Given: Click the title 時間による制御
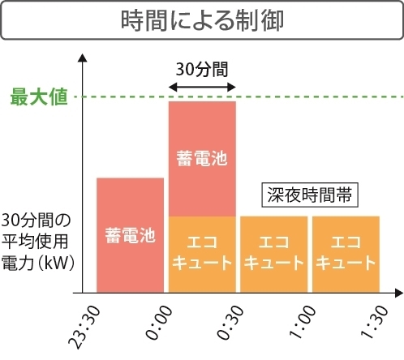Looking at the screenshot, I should coord(202,21).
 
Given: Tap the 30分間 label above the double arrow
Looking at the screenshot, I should coord(202,69).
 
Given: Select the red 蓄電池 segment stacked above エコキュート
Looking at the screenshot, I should coord(202,159).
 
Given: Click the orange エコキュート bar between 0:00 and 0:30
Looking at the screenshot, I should coord(202,254).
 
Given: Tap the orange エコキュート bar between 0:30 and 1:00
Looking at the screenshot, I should coord(273,254).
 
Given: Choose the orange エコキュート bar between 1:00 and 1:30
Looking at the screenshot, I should coord(346,254).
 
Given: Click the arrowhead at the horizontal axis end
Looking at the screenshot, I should coord(397,292).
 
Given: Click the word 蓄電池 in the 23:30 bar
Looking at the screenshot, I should coord(130,237).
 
